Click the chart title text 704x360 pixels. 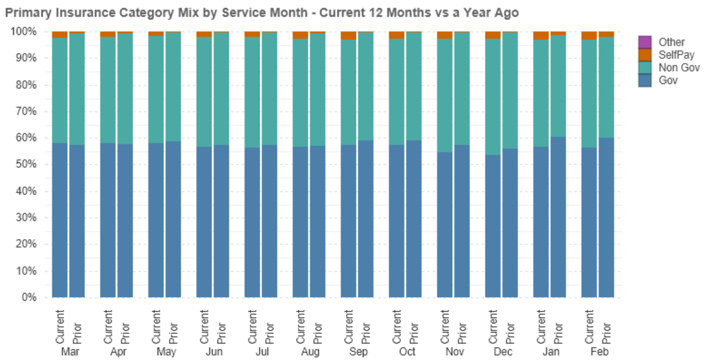[262, 12]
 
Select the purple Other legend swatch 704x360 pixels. [645, 42]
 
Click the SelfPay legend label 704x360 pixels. [671, 54]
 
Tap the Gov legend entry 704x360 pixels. [668, 80]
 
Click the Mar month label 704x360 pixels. [68, 352]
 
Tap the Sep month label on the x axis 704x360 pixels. [357, 352]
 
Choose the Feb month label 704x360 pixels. [598, 352]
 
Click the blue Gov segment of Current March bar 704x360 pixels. [59, 221]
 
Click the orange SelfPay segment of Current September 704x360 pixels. [348, 36]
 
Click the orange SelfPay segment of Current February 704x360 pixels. [589, 35]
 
